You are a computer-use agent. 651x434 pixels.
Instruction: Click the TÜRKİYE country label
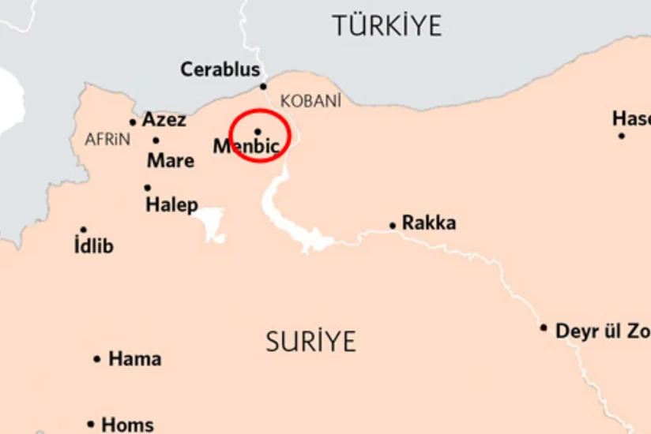[386, 25]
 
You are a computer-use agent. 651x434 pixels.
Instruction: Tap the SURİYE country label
[310, 342]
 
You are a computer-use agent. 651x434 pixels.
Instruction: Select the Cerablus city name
[220, 69]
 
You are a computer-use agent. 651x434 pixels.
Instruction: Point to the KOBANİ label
[310, 101]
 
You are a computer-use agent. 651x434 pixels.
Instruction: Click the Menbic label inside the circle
[246, 147]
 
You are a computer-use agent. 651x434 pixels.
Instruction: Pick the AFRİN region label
[107, 140]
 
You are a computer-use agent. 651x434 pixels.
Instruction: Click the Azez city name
[164, 120]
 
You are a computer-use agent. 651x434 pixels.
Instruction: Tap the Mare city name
[171, 161]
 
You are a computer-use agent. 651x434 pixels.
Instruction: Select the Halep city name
[171, 205]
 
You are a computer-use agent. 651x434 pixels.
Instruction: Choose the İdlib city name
[93, 246]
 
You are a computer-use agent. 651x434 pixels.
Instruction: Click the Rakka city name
[429, 223]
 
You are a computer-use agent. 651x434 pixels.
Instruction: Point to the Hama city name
[134, 359]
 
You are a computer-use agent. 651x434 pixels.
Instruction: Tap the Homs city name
[127, 425]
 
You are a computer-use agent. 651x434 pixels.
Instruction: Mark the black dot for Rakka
[393, 226]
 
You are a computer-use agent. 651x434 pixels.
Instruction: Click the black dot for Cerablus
[263, 87]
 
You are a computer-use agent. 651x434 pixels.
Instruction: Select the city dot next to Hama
[97, 359]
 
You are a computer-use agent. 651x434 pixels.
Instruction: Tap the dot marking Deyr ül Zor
[544, 327]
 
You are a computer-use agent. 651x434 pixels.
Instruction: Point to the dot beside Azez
[133, 122]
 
